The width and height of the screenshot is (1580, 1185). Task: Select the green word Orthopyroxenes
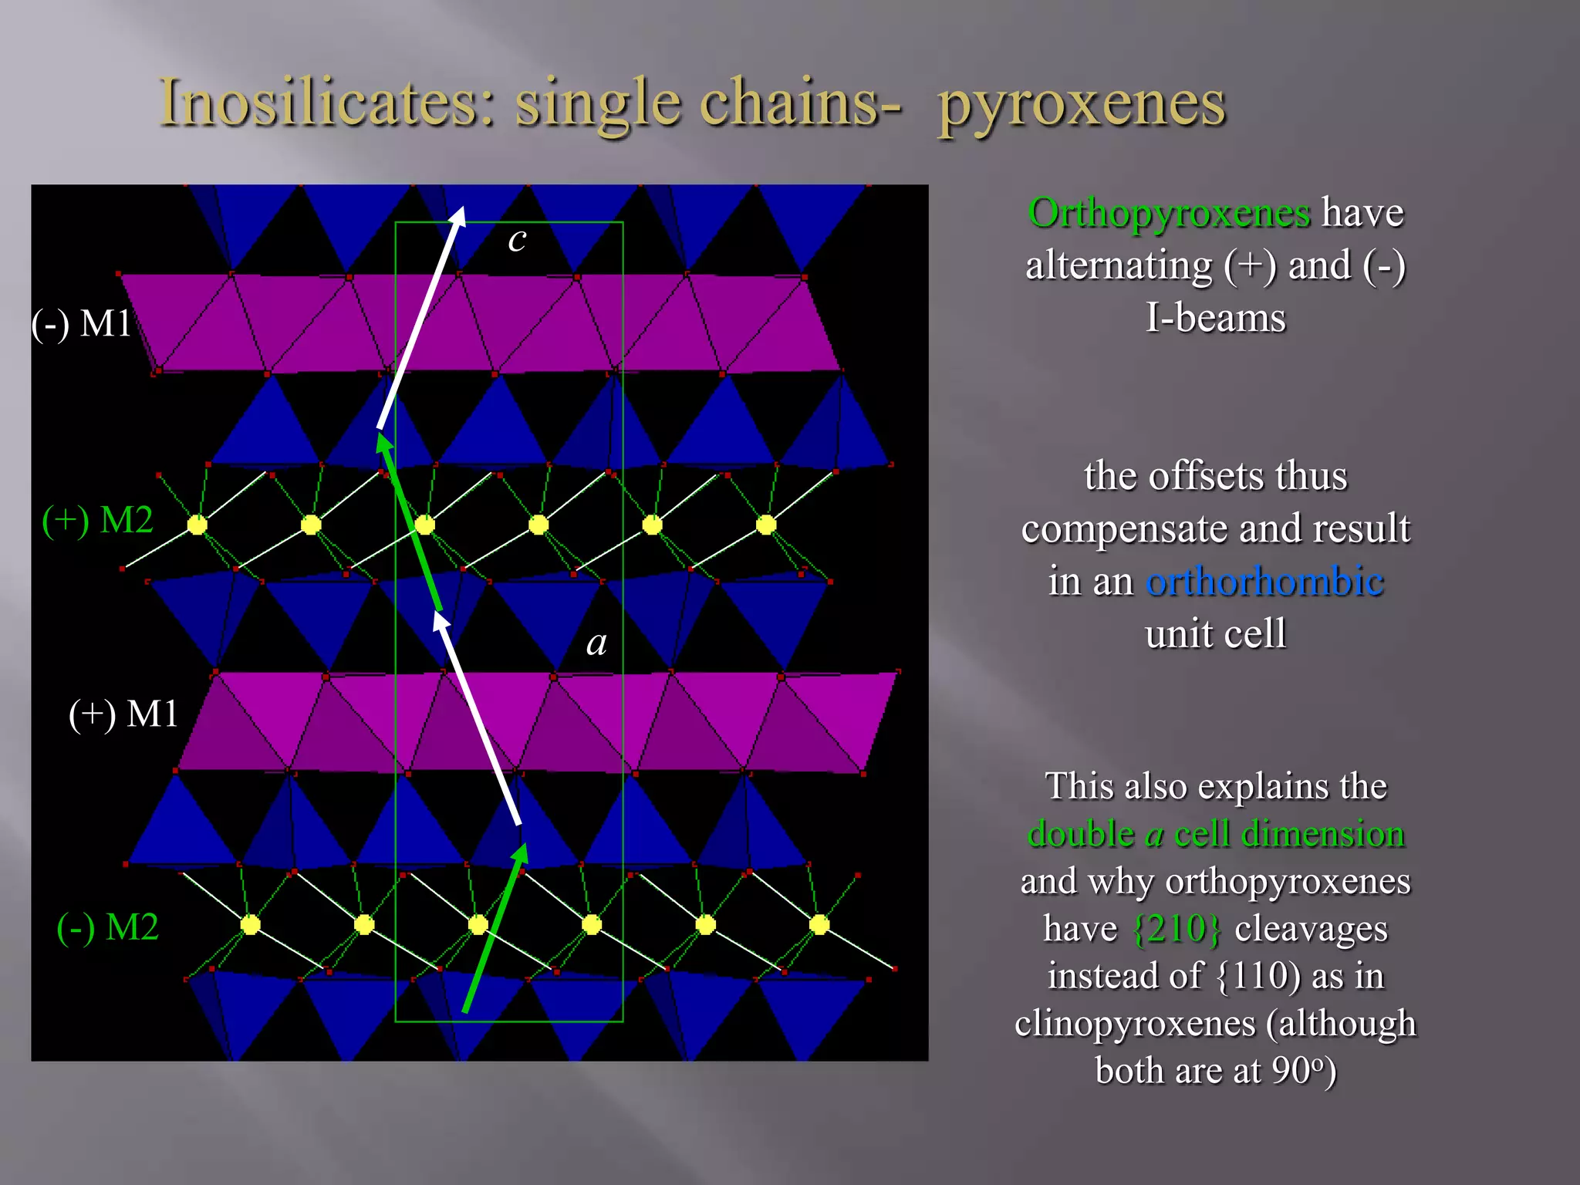[x=1169, y=212]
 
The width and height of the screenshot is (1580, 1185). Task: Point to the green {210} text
[x=1177, y=928]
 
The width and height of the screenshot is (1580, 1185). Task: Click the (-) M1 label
[x=81, y=322]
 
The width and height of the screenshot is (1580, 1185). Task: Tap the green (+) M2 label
[x=97, y=519]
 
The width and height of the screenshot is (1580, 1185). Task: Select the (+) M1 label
[x=123, y=714]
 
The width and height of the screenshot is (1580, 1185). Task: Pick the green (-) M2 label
[x=107, y=927]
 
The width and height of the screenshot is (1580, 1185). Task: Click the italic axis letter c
[x=517, y=239]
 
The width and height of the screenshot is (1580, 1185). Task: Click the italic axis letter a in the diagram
[x=596, y=643]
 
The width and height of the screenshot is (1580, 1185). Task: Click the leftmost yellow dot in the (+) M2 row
[x=197, y=525]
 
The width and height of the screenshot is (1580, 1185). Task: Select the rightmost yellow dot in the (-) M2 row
[x=819, y=924]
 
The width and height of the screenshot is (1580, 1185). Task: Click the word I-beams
[x=1215, y=318]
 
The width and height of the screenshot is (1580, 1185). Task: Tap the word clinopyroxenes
[x=1135, y=1023]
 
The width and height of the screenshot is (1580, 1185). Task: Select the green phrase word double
[x=1081, y=833]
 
